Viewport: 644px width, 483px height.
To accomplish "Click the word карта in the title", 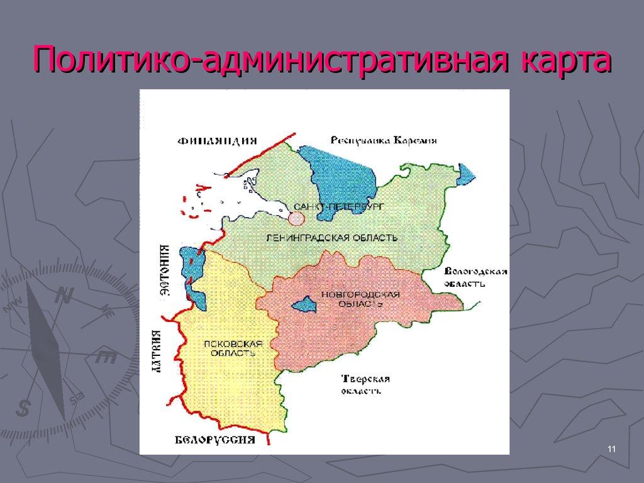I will (x=562, y=62).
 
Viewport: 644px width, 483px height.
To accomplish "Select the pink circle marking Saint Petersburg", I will (x=296, y=218).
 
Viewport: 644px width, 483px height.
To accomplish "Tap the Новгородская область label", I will (x=360, y=299).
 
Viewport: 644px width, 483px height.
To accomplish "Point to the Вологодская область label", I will (x=475, y=277).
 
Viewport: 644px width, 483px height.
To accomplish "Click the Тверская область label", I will (x=365, y=384).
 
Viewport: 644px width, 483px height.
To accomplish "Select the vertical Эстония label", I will (x=165, y=270).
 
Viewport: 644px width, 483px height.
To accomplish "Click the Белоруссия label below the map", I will (x=214, y=440).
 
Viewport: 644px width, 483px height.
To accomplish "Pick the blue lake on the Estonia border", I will (x=192, y=277).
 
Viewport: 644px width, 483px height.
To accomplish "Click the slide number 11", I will (x=611, y=448).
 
